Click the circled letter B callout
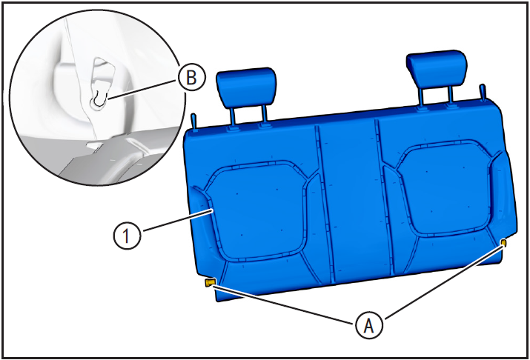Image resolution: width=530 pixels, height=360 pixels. pyautogui.click(x=191, y=77)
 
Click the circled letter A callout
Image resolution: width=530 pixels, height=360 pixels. pyautogui.click(x=369, y=325)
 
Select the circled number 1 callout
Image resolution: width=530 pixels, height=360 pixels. pyautogui.click(x=127, y=236)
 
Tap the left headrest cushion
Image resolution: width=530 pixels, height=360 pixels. pyautogui.click(x=246, y=87)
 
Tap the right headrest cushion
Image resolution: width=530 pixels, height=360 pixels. pyautogui.click(x=437, y=69)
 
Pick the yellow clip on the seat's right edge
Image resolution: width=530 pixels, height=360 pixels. pyautogui.click(x=503, y=242)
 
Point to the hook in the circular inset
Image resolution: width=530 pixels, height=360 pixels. pyautogui.click(x=100, y=99)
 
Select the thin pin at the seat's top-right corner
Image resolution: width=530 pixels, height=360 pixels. pyautogui.click(x=483, y=92)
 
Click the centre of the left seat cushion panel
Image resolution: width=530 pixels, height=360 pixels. pyautogui.click(x=259, y=212)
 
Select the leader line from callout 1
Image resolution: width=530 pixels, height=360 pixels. pyautogui.click(x=179, y=220)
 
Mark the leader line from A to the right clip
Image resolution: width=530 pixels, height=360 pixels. pyautogui.click(x=443, y=282)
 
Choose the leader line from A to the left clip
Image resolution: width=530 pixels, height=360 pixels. pyautogui.click(x=284, y=304)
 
